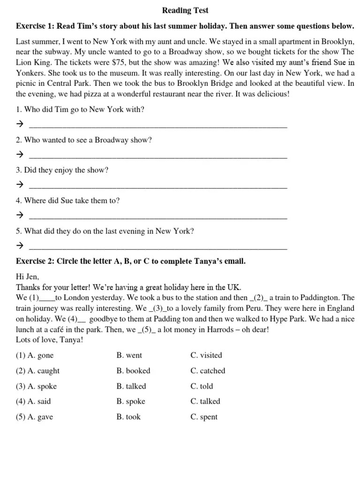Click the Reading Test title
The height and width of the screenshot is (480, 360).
[x=185, y=10]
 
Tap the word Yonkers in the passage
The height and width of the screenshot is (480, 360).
[x=30, y=73]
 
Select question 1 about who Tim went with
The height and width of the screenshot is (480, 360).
[x=80, y=110]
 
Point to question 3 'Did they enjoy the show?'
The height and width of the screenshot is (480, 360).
[x=62, y=170]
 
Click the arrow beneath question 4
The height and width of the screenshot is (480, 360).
[x=20, y=215]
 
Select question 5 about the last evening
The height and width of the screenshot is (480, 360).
[x=105, y=231]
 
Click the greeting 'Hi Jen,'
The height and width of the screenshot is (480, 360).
[x=28, y=277]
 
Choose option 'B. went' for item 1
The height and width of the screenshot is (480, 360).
[x=129, y=355]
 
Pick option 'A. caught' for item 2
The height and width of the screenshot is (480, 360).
[x=38, y=371]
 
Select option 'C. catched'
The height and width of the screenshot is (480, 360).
[x=208, y=371]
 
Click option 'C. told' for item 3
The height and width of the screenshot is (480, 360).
[x=202, y=386]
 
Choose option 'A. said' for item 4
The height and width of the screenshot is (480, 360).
[x=34, y=401]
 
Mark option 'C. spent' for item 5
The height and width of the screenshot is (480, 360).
[x=204, y=417]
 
